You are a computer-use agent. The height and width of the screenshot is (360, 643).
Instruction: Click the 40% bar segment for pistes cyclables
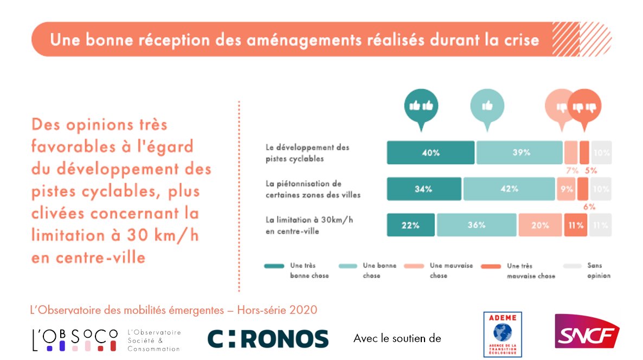[x=430, y=153]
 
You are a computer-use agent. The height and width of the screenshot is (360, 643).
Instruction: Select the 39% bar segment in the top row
[x=519, y=153]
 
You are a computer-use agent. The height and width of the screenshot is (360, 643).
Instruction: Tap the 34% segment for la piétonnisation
[x=424, y=189]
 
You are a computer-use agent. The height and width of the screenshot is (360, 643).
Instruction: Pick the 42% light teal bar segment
[x=509, y=189]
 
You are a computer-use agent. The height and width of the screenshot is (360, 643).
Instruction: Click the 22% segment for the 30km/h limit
[x=411, y=225]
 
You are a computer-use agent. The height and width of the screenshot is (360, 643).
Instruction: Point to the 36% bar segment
[x=477, y=225]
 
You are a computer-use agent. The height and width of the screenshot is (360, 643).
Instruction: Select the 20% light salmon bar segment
[x=540, y=225]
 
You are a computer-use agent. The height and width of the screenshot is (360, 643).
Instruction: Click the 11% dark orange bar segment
[x=576, y=225]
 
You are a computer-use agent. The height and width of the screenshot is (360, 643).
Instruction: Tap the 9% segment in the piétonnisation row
[x=565, y=189]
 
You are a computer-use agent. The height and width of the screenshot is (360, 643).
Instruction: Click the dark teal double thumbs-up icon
[x=421, y=106]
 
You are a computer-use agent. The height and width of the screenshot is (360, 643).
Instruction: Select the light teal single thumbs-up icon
[x=487, y=106]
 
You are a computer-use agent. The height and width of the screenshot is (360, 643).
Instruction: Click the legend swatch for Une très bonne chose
[x=274, y=266]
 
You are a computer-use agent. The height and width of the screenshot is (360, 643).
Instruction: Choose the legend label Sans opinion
[x=599, y=271]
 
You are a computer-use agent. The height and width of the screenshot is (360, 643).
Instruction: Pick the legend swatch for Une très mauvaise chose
[x=491, y=266]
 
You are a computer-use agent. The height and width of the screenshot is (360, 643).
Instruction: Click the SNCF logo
[x=587, y=331]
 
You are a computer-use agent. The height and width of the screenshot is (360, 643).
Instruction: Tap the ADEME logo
[x=503, y=334]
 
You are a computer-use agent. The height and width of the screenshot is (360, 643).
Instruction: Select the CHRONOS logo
[x=268, y=338]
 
